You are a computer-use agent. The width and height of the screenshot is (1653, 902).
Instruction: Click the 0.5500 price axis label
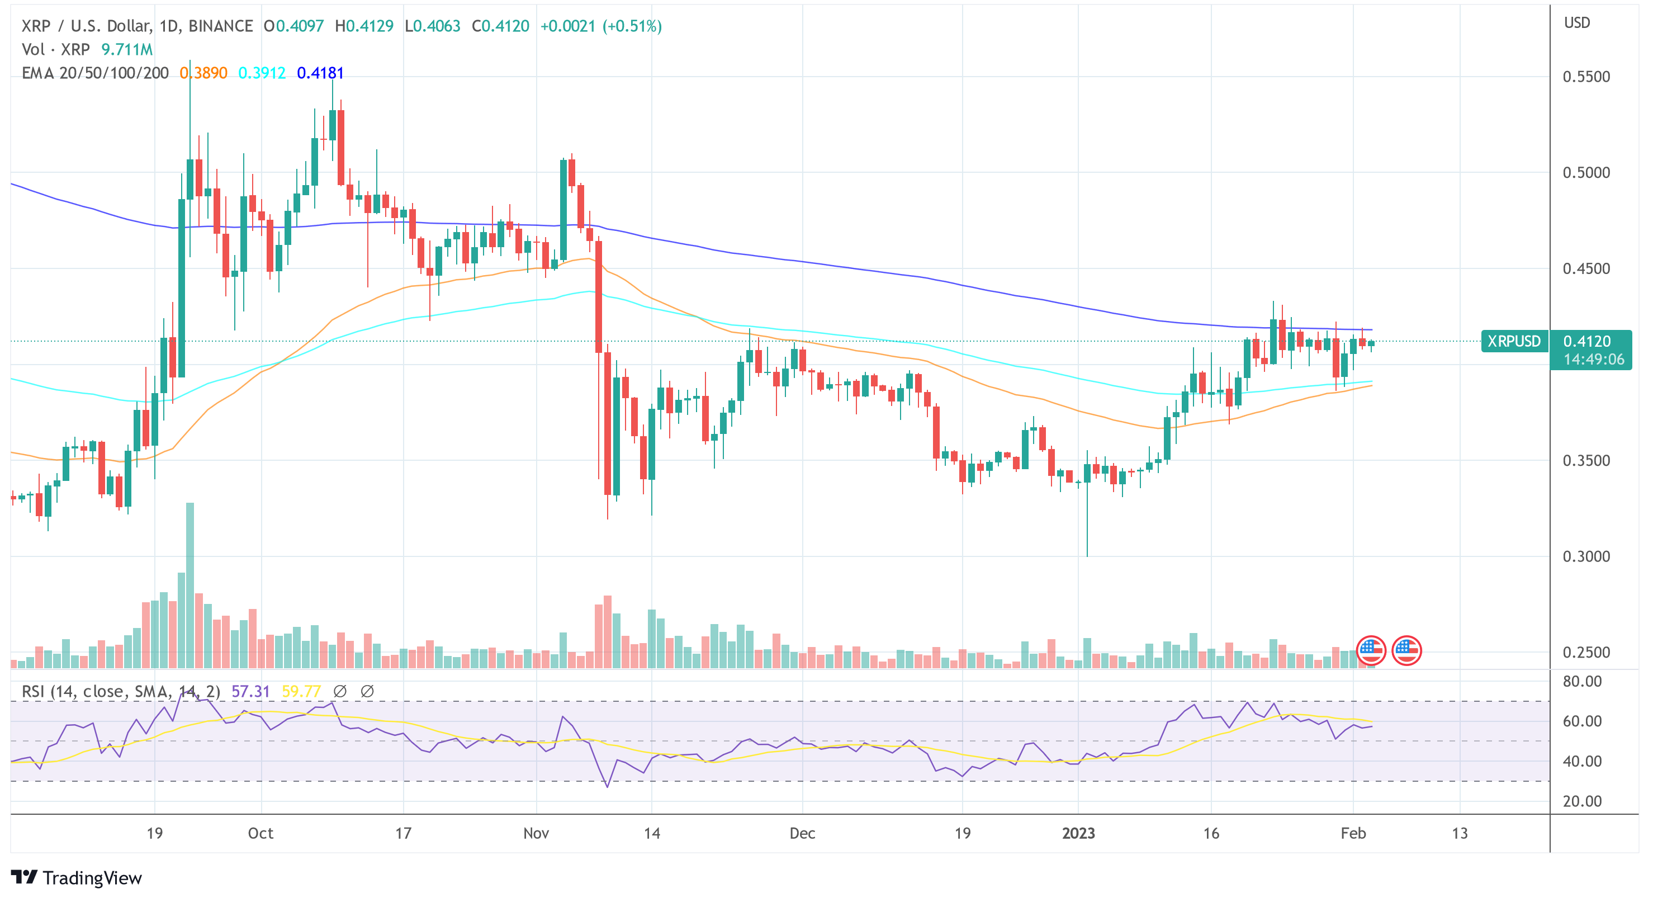pyautogui.click(x=1585, y=77)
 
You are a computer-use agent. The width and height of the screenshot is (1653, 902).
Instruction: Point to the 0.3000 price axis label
pyautogui.click(x=1585, y=556)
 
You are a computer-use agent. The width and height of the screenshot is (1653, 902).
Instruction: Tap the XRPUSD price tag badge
pyautogui.click(x=1513, y=341)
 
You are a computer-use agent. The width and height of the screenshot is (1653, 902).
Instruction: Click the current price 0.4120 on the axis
pyautogui.click(x=1586, y=341)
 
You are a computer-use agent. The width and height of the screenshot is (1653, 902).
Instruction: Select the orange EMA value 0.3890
pyautogui.click(x=203, y=73)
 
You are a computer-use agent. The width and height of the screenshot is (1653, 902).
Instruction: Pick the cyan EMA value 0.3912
pyautogui.click(x=262, y=73)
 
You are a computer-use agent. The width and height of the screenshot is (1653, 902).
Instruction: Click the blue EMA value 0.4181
pyautogui.click(x=320, y=73)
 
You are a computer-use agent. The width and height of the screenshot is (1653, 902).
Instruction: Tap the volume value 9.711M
pyautogui.click(x=127, y=49)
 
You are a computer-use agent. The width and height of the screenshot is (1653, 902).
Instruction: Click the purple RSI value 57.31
pyautogui.click(x=250, y=691)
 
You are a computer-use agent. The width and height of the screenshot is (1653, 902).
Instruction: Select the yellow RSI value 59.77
pyautogui.click(x=301, y=691)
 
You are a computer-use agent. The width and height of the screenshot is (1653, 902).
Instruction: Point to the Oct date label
pyautogui.click(x=260, y=833)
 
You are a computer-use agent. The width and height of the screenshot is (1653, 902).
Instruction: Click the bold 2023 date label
pyautogui.click(x=1077, y=833)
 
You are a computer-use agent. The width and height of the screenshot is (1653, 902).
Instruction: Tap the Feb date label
pyautogui.click(x=1353, y=833)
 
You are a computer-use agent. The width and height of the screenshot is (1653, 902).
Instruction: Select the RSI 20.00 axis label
pyautogui.click(x=1582, y=801)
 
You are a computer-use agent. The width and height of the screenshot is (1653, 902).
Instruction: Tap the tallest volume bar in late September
pyautogui.click(x=190, y=584)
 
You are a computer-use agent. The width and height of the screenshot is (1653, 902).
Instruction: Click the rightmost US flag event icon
pyautogui.click(x=1406, y=650)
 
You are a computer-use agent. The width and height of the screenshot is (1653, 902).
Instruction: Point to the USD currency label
pyautogui.click(x=1576, y=22)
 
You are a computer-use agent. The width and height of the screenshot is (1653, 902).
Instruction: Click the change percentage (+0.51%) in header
pyautogui.click(x=632, y=26)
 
